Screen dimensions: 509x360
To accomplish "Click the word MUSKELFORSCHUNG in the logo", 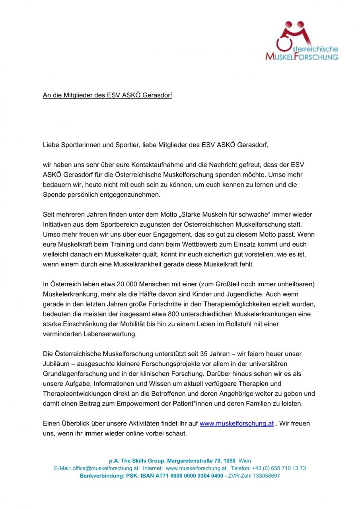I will pos(302,57).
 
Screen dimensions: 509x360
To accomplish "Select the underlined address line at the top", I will pos(107,95).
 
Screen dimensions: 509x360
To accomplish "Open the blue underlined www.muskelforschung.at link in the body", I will pos(236,424).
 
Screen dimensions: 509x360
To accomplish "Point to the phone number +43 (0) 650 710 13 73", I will pos(279,468).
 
